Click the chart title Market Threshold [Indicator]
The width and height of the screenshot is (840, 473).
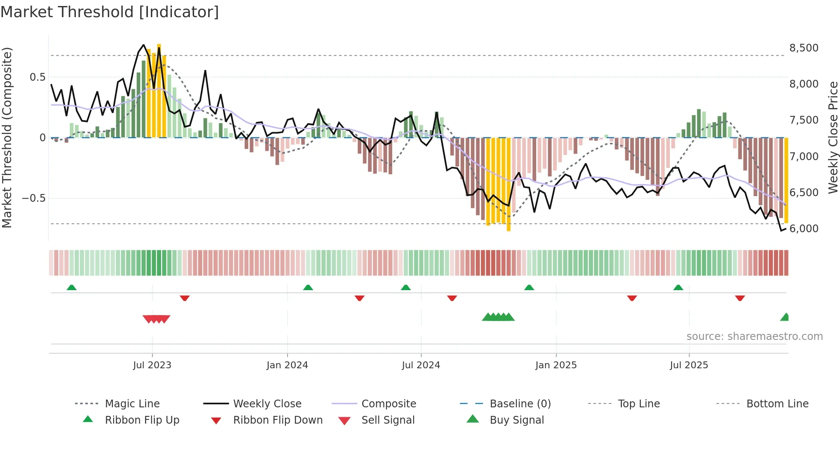[110, 12]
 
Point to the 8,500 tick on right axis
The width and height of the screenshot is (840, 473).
[804, 48]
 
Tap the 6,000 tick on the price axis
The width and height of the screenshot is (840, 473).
[804, 228]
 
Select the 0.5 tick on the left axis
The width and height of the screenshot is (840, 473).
[37, 77]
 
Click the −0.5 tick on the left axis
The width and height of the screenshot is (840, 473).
[33, 198]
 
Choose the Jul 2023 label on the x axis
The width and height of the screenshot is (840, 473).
[152, 365]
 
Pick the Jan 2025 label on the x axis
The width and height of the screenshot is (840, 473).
[556, 365]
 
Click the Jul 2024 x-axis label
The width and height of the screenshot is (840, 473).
[421, 365]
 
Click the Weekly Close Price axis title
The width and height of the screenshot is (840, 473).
[833, 137]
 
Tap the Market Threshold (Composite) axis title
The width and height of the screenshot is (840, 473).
[7, 137]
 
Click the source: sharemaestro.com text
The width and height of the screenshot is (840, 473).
[754, 336]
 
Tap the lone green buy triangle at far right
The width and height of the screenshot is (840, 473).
[785, 317]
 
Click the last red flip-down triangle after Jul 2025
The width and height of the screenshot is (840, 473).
[740, 298]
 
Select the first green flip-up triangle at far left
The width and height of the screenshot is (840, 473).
[72, 287]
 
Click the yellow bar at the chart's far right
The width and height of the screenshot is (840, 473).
[786, 180]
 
